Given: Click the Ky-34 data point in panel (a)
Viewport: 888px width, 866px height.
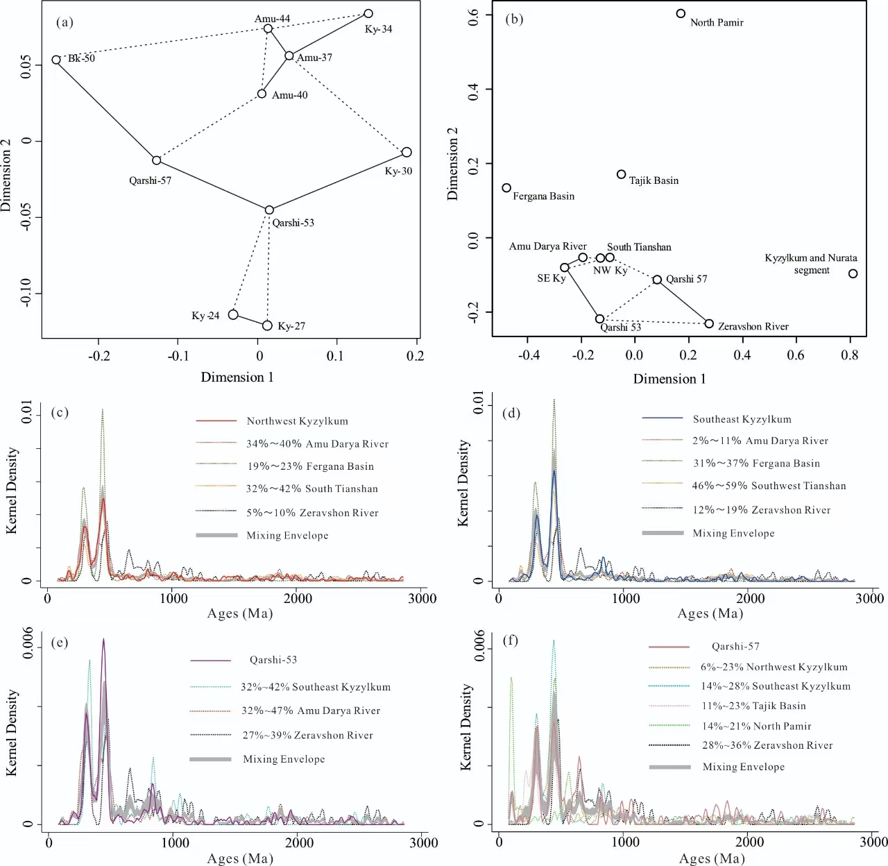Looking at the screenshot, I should (368, 14).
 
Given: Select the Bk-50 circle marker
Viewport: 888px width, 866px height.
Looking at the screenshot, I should (56, 60).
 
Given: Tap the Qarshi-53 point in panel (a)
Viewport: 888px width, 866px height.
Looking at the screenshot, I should (269, 210).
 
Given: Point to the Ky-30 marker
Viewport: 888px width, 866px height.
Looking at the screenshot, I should (407, 152).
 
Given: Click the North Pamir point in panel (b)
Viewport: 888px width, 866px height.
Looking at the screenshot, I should (681, 14).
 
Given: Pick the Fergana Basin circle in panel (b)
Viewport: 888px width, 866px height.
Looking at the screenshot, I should (506, 188).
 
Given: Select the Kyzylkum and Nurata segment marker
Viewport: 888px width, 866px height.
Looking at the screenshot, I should (853, 273).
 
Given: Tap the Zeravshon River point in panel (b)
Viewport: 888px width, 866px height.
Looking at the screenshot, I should (709, 323).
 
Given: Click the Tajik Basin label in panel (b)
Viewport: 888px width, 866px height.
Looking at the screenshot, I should (654, 180).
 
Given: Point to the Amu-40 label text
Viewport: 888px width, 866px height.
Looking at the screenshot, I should (289, 95).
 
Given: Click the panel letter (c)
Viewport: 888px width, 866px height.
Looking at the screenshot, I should (61, 413).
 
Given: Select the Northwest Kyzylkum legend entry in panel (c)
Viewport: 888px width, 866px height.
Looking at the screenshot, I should (297, 421).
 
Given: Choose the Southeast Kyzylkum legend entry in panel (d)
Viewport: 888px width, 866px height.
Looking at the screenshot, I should (742, 419).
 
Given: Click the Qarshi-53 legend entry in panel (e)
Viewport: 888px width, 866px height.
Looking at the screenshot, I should (273, 660).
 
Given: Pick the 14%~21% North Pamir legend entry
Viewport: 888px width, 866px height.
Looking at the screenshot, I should (755, 726).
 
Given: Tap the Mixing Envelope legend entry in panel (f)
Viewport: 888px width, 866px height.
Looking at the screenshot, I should (743, 767).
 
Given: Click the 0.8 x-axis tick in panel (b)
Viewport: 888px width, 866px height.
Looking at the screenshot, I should (849, 355).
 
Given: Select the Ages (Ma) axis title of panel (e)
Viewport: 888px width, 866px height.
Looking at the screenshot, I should (240, 859).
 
